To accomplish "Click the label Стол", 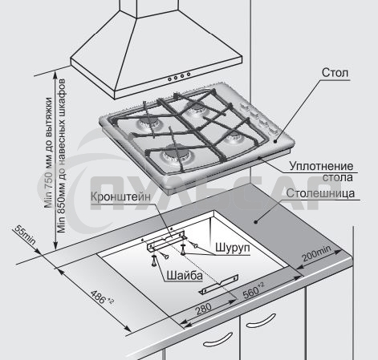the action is click(x=335, y=73).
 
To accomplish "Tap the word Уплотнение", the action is click(x=321, y=166).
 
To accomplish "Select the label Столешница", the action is click(x=320, y=193).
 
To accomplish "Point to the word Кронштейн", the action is click(x=120, y=196).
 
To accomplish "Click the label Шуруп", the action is click(x=233, y=248).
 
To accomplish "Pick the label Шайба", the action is click(x=185, y=275).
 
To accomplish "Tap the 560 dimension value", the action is click(x=254, y=291).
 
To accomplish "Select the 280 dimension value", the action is click(x=203, y=309).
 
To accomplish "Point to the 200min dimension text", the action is click(x=316, y=253).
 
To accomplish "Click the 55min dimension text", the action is click(x=25, y=235).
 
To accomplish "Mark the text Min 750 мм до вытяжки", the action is click(x=48, y=152).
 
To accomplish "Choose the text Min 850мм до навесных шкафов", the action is click(x=61, y=156).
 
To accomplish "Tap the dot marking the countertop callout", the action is click(x=255, y=221).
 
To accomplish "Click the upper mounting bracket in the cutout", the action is click(x=166, y=240).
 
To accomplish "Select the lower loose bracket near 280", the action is click(x=218, y=285).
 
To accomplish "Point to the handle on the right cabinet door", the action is click(x=261, y=321).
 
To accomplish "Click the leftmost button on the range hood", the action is click(x=169, y=79).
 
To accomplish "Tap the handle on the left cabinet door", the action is click(x=217, y=340).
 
